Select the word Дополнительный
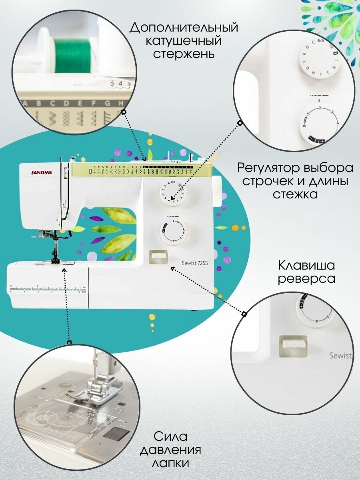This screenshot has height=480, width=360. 184,28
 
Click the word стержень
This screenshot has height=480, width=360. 184,54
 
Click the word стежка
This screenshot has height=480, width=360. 296,194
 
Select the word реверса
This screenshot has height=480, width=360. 306,278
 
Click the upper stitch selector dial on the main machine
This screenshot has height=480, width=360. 173,193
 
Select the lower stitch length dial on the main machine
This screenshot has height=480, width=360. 173,231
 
